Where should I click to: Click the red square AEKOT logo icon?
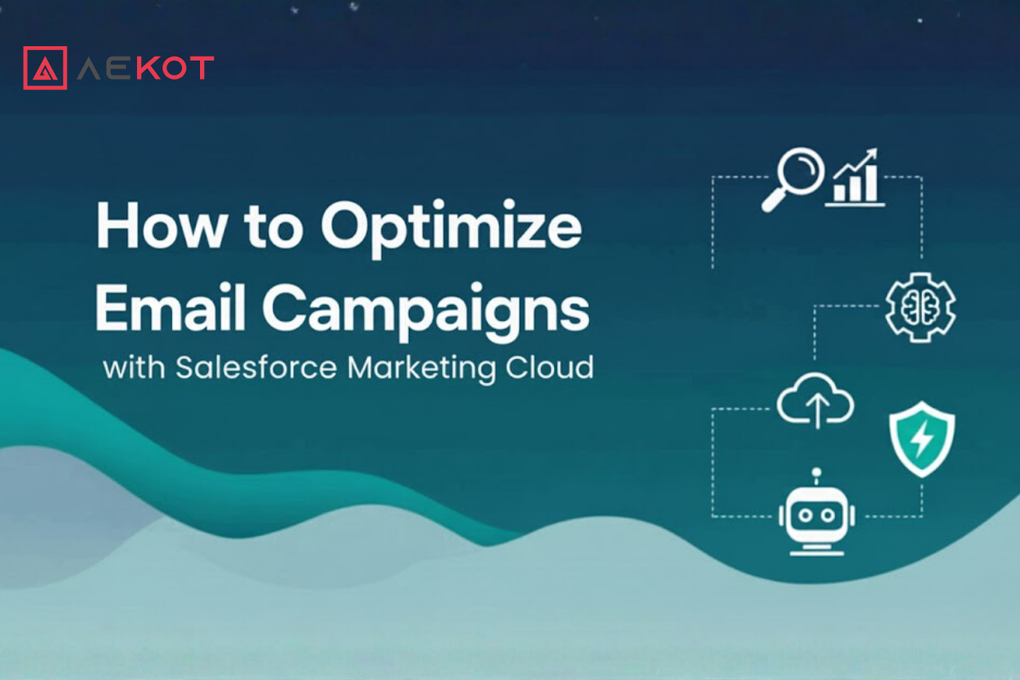[45, 68]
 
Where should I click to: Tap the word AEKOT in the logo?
[146, 68]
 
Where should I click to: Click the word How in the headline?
[162, 226]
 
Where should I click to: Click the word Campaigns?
[426, 312]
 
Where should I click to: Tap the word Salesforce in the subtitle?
[257, 367]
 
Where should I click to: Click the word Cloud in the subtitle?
[550, 367]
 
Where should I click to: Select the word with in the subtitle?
[134, 367]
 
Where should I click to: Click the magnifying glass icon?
[793, 179]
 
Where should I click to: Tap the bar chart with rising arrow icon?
[855, 178]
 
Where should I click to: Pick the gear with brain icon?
[920, 307]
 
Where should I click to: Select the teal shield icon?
[922, 439]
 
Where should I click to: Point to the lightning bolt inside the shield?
[922, 439]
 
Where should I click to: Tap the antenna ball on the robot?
[817, 472]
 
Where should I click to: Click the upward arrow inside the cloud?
[818, 412]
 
